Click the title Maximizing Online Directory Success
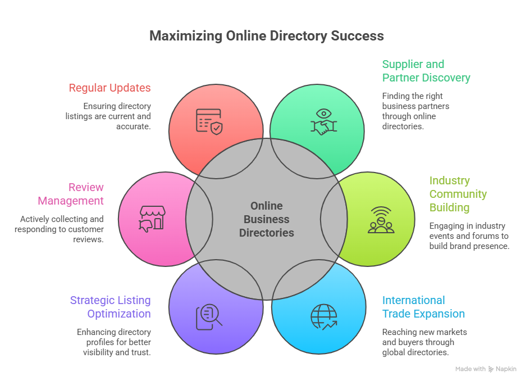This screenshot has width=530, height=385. click(267, 36)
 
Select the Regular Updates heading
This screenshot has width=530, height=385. click(109, 88)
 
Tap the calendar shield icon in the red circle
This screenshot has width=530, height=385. click(209, 121)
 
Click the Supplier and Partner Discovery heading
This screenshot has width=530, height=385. click(426, 71)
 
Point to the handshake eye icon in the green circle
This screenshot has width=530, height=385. click(324, 121)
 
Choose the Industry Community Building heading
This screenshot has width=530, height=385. click(458, 194)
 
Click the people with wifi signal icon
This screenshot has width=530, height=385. click(381, 220)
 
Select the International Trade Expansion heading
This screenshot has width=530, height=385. click(423, 307)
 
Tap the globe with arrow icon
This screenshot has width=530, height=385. click(324, 317)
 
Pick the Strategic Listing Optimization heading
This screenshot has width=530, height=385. click(110, 307)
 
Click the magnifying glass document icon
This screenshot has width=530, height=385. click(209, 316)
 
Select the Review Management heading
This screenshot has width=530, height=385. click(71, 194)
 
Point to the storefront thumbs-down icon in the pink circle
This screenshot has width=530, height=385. click(150, 219)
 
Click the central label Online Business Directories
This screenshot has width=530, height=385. click(267, 219)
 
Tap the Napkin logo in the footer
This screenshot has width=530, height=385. click(502, 369)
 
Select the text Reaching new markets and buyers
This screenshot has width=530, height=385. click(424, 342)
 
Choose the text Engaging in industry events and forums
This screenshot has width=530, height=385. click(469, 236)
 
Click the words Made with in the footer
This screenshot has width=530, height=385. click(470, 369)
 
